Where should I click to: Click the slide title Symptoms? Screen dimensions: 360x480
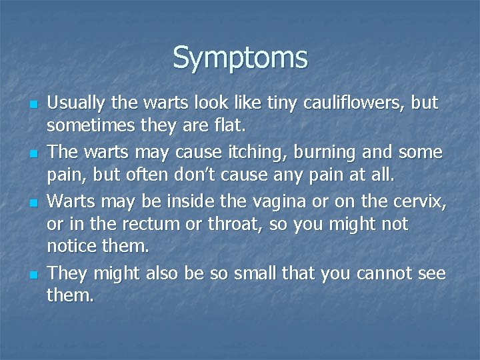(240, 57)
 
